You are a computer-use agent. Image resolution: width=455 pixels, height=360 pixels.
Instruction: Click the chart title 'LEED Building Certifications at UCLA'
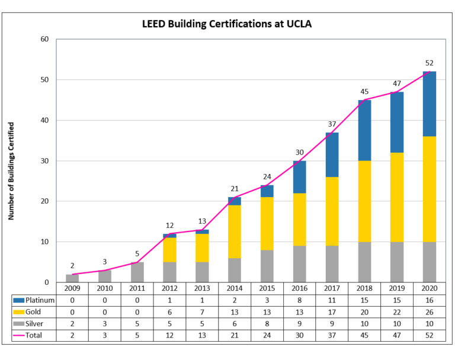(x=227, y=24)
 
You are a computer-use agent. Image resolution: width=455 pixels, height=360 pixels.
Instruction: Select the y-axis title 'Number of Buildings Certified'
(x=11, y=171)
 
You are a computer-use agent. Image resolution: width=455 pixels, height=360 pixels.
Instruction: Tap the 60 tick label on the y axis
(x=44, y=39)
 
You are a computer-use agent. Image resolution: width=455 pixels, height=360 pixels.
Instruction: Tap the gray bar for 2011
(x=137, y=272)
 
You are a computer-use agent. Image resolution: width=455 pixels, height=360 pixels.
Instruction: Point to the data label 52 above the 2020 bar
(x=428, y=63)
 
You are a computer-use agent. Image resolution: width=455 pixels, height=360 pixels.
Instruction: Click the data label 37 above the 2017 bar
(x=332, y=124)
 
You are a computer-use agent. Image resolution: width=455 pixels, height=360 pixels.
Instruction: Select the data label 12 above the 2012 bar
(x=170, y=225)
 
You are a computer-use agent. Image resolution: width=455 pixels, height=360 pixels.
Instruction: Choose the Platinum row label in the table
(x=40, y=300)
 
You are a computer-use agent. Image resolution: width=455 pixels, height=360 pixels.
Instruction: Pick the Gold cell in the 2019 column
(x=396, y=311)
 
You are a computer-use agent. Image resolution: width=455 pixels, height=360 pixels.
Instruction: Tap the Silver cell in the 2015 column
(x=267, y=323)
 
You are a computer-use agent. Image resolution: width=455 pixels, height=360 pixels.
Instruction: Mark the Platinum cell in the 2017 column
(x=332, y=300)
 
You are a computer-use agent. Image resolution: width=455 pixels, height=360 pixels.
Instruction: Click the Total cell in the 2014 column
(x=235, y=335)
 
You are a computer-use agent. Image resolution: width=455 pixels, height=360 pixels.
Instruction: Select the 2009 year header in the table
(x=73, y=289)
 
